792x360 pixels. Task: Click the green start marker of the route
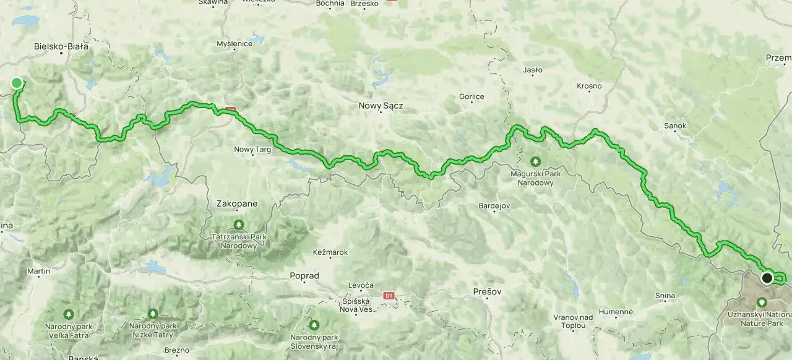click(17, 83)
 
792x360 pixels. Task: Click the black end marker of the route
click(767, 278)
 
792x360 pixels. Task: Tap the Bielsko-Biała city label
click(61, 46)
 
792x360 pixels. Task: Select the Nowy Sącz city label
click(381, 106)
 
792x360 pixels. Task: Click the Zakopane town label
click(236, 203)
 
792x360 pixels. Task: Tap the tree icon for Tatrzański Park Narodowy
click(239, 224)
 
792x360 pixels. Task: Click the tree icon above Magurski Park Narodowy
click(535, 161)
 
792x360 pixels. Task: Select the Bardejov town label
click(494, 205)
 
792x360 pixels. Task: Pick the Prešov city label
click(488, 291)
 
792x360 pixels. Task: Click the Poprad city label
click(304, 276)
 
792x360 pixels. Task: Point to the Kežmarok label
click(331, 252)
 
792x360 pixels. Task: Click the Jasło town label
click(533, 70)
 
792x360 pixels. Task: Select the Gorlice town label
click(471, 96)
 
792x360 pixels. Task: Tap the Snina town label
click(665, 296)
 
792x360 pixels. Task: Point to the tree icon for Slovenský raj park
click(314, 324)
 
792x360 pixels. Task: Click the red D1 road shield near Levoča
click(389, 296)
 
